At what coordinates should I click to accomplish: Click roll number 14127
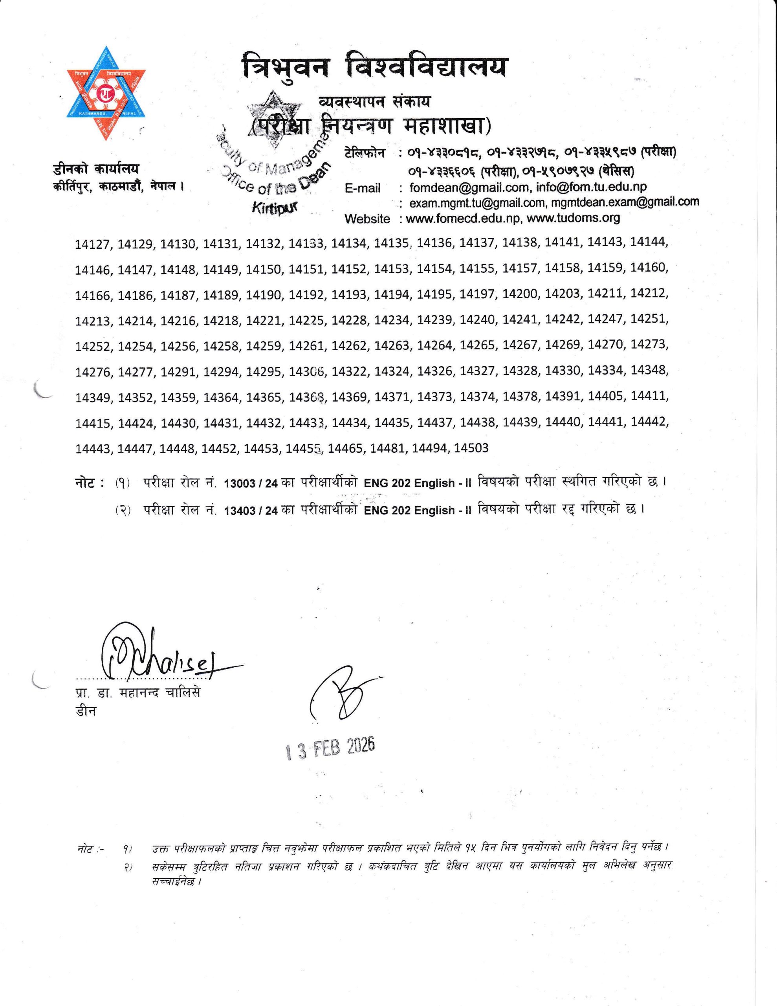click(93, 244)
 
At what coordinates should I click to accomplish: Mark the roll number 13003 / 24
click(251, 483)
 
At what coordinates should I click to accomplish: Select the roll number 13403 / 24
click(251, 510)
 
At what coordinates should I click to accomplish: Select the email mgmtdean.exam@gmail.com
click(625, 202)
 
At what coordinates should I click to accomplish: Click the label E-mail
click(363, 188)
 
